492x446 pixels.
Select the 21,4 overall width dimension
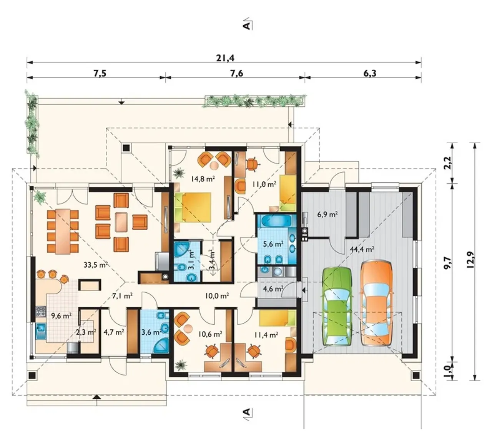[225, 58]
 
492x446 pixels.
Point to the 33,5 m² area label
[96, 265]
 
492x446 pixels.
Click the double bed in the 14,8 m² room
[193, 207]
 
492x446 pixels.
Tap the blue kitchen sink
[41, 328]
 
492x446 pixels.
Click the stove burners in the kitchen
[41, 311]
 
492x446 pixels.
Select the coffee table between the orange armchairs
[121, 222]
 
